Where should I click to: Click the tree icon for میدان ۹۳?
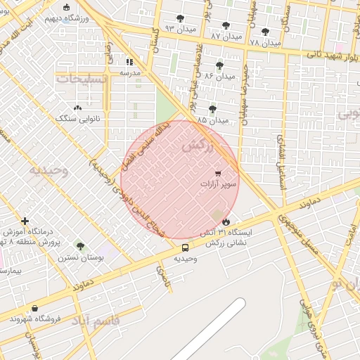tap(181, 18)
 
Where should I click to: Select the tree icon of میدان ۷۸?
tap(265, 32)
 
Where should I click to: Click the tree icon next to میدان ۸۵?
tap(213, 109)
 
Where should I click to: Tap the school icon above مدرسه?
tap(129, 62)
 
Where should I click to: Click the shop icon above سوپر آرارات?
tap(218, 173)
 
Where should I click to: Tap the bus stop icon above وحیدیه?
tap(186, 247)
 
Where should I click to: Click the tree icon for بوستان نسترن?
tap(80, 247)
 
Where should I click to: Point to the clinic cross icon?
tap(25, 221)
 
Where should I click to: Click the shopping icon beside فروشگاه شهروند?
tap(34, 308)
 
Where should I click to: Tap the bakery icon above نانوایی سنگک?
tap(77, 108)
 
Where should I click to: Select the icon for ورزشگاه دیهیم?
tap(67, 8)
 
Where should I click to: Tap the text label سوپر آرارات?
tap(219, 184)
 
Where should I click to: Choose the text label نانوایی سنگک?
tap(78, 119)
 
